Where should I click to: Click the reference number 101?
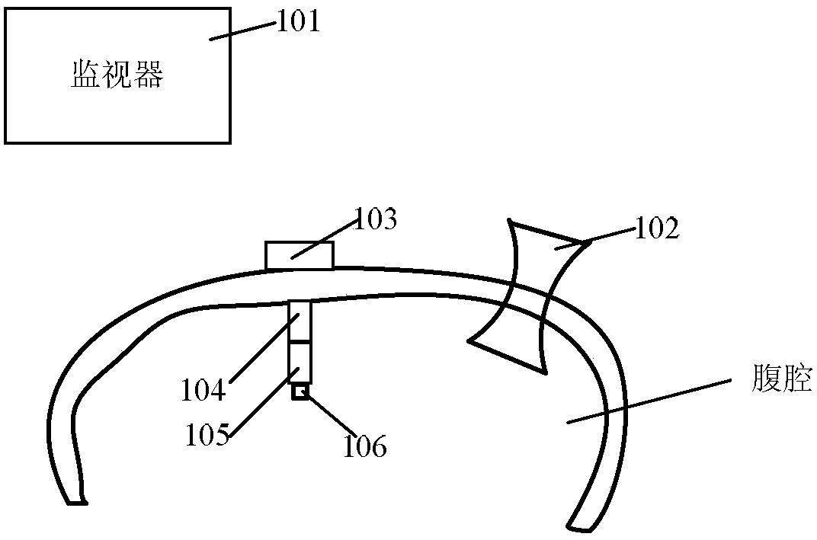pyautogui.click(x=297, y=21)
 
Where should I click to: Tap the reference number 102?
pyautogui.click(x=658, y=229)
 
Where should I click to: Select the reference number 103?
pyautogui.click(x=376, y=221)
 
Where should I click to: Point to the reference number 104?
pyautogui.click(x=203, y=391)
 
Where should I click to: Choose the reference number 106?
pyautogui.click(x=364, y=445)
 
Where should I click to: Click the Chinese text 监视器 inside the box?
pyautogui.click(x=117, y=75)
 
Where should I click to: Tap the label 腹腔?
pyautogui.click(x=781, y=379)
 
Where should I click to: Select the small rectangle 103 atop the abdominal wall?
pyautogui.click(x=299, y=255)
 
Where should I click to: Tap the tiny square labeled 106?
pyautogui.click(x=300, y=392)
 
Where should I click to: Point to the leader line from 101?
pyautogui.click(x=242, y=30)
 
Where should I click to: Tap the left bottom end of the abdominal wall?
pyautogui.click(x=77, y=500)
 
